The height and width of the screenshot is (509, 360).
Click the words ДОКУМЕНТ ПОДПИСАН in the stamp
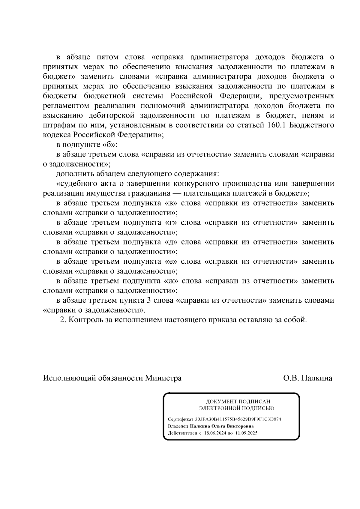coord(238,402)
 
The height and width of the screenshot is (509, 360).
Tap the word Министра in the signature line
coord(163,378)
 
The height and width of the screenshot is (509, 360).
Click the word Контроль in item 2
coord(85,320)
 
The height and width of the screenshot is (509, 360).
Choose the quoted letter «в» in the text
coord(171,203)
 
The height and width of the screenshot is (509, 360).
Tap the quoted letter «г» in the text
coord(171,223)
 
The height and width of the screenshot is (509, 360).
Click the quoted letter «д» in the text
coord(171,242)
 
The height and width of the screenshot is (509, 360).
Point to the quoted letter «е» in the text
coord(171,262)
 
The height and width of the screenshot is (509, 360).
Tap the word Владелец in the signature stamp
coord(178,426)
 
